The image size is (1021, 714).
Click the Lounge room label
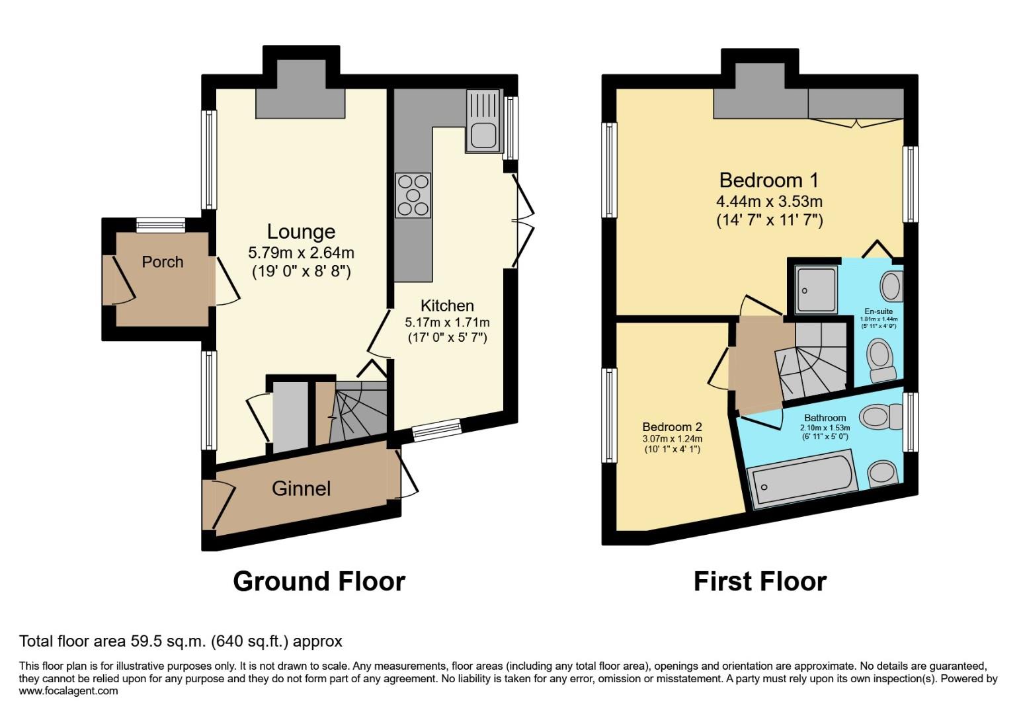(301, 232)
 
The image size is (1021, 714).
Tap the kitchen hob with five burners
(413, 196)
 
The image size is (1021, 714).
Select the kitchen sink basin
(483, 137)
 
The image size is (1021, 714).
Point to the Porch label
(162, 262)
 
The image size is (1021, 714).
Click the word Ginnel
(301, 489)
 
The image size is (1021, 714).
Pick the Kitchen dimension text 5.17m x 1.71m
(447, 323)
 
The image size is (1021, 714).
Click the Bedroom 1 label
(769, 180)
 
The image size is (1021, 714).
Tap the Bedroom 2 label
(672, 427)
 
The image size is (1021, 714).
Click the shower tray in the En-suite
(817, 290)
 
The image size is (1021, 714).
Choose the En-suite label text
(879, 311)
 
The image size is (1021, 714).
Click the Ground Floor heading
(319, 582)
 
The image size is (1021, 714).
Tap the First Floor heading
(760, 582)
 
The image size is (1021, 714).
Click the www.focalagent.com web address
(68, 691)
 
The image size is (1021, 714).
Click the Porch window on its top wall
(161, 225)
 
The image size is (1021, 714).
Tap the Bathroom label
(825, 418)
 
